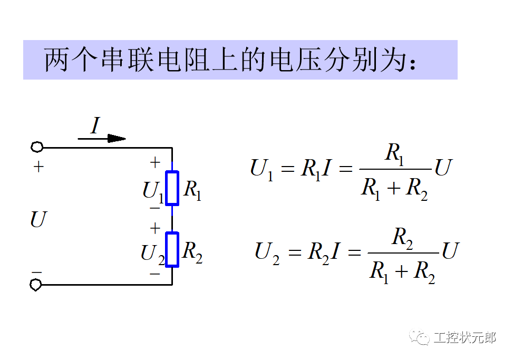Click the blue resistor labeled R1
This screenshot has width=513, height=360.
pyautogui.click(x=172, y=188)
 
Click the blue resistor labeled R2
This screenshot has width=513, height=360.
pyautogui.click(x=172, y=249)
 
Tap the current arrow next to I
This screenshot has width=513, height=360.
pyautogui.click(x=102, y=139)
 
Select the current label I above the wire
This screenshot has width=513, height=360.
pyautogui.click(x=95, y=126)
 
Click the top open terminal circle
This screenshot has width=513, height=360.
pyautogui.click(x=36, y=148)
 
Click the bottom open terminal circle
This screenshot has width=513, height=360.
pyautogui.click(x=36, y=285)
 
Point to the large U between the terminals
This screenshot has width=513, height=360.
pyautogui.click(x=38, y=219)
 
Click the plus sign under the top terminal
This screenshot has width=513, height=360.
pyautogui.click(x=38, y=167)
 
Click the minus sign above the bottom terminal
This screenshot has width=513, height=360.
pyautogui.click(x=36, y=272)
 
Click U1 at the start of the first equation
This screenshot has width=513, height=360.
pyautogui.click(x=262, y=169)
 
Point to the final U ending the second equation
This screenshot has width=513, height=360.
pyautogui.click(x=450, y=251)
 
